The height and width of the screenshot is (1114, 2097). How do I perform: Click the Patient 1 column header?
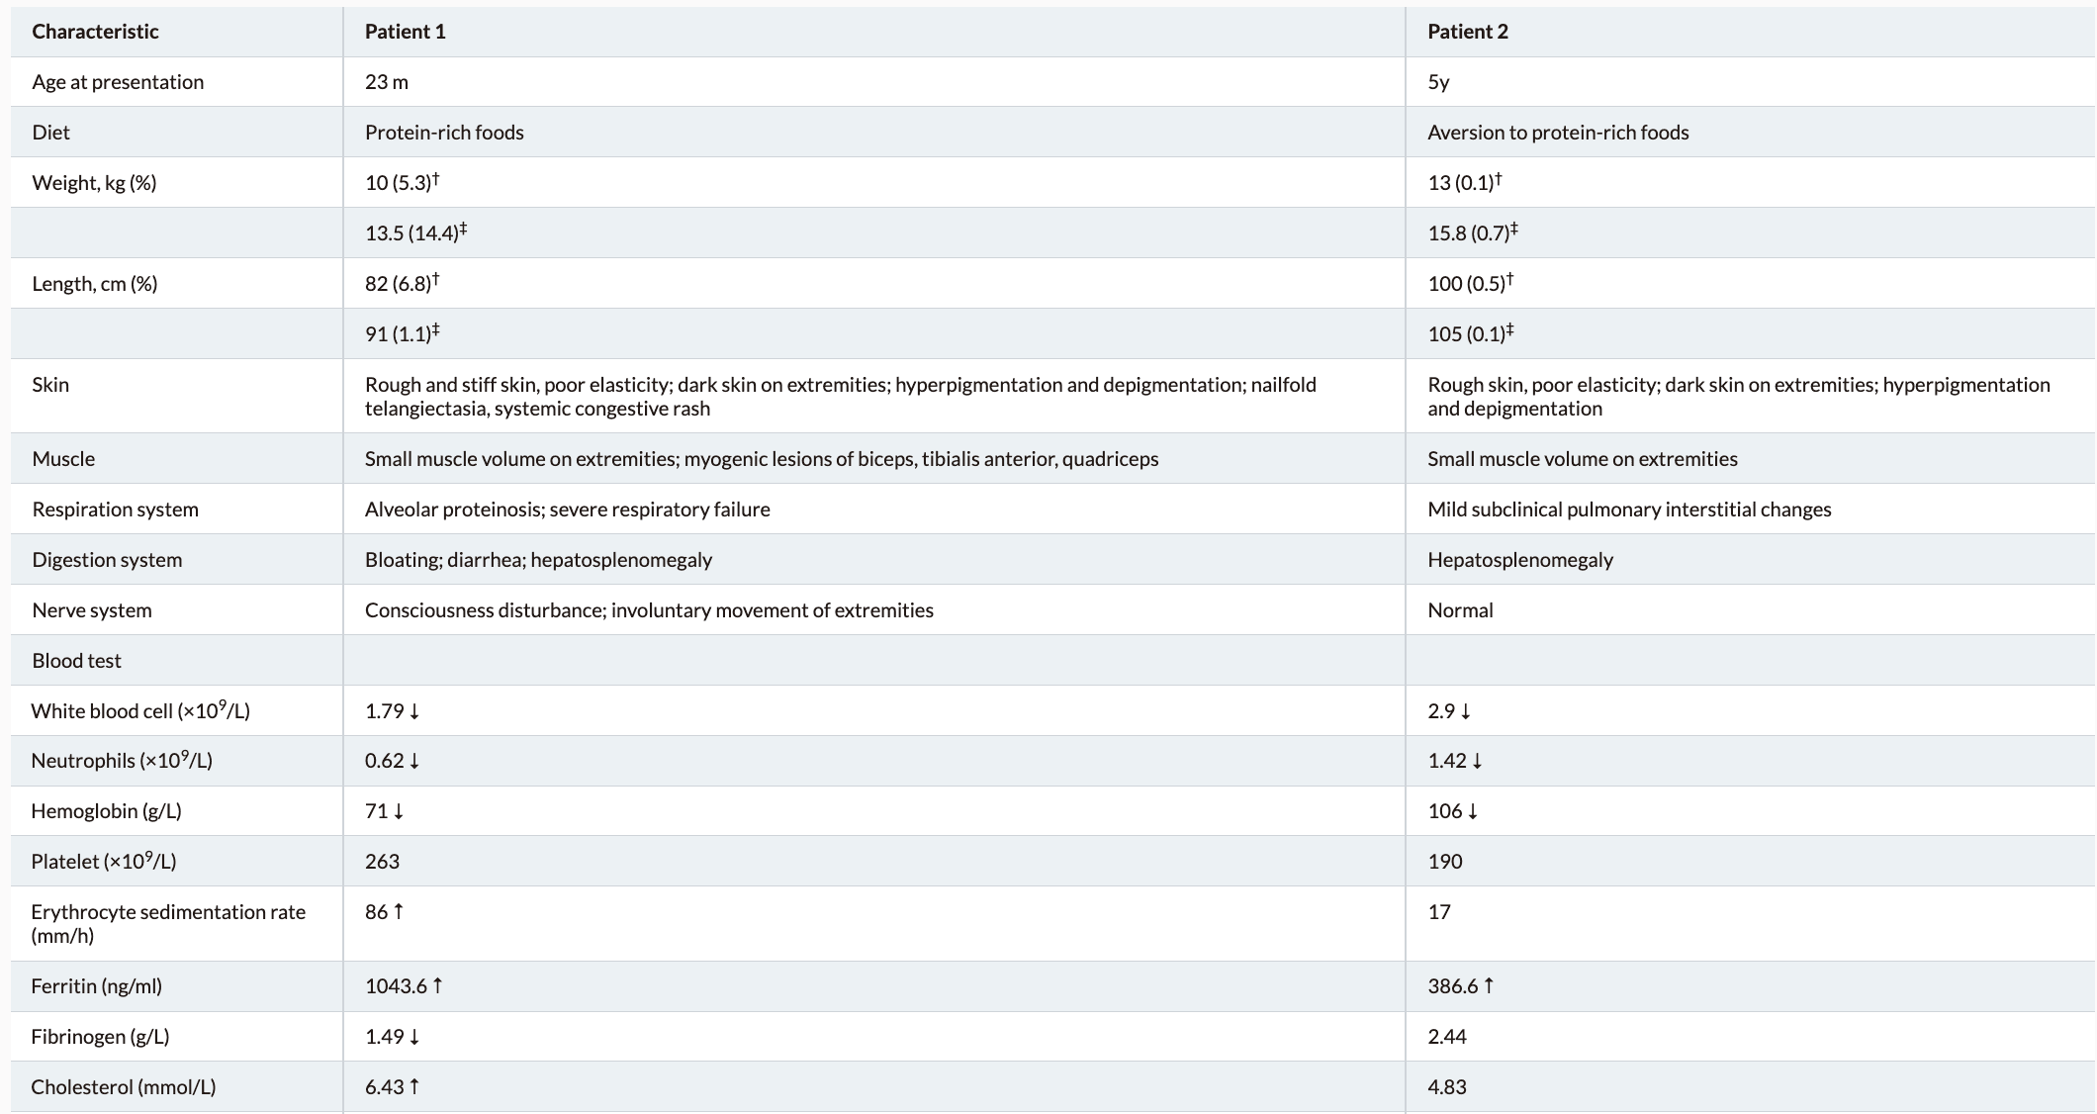click(405, 32)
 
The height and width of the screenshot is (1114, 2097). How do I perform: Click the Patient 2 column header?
click(1467, 32)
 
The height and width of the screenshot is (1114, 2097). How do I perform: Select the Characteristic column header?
click(95, 32)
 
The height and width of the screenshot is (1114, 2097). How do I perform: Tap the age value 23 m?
click(386, 82)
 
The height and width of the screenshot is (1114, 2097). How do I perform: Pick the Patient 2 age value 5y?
click(1438, 82)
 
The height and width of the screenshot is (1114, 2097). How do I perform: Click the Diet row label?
click(50, 133)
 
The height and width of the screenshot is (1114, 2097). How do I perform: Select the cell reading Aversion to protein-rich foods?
click(1558, 133)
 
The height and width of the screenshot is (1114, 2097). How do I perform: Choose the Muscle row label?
click(63, 459)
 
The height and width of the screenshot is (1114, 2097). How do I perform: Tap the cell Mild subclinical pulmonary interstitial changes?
click(1629, 510)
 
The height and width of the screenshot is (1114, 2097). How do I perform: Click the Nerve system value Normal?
click(1460, 610)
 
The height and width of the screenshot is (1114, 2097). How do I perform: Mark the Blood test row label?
click(76, 661)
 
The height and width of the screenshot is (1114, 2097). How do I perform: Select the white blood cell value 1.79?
click(385, 711)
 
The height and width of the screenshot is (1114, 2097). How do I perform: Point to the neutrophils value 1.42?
click(1446, 761)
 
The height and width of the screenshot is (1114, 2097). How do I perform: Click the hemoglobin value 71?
click(377, 811)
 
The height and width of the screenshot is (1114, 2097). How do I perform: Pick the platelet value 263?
click(382, 862)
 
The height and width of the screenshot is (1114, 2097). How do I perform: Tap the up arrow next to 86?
click(399, 911)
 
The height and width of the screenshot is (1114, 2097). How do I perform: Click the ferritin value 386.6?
click(1452, 986)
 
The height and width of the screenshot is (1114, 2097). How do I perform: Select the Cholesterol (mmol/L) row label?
click(123, 1087)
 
